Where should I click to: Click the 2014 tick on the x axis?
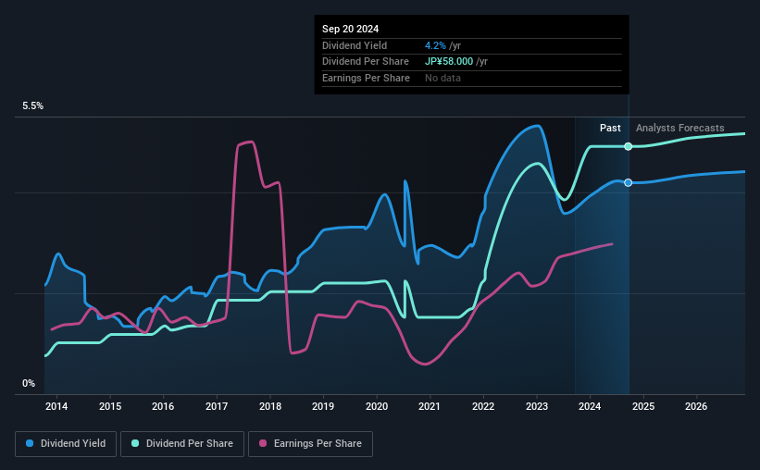coord(56,406)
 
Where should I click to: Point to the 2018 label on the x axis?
coord(270,406)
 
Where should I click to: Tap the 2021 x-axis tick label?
coord(430,406)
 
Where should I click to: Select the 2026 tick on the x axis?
coord(697,406)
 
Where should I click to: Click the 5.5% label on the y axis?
coord(33,106)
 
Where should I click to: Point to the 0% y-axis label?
coord(29,383)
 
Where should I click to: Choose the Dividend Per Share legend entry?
coord(186,444)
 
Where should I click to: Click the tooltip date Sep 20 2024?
coord(353,28)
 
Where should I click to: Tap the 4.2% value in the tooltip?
coord(434,45)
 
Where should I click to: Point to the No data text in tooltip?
coord(442,78)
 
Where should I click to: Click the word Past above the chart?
coord(610,128)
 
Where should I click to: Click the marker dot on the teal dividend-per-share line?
coord(629,147)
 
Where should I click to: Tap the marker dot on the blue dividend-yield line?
coord(629,182)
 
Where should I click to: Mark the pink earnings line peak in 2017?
coord(248,142)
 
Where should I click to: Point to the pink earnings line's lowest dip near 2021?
coord(426,364)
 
